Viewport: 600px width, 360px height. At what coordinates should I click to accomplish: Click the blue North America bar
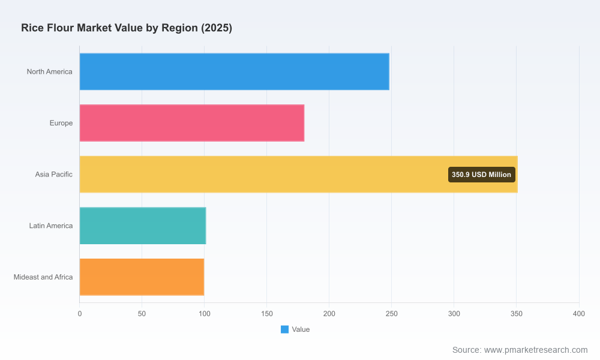coord(234,71)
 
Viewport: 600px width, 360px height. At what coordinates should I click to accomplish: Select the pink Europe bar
coord(192,123)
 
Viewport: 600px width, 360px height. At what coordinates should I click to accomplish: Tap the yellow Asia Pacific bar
coord(298,174)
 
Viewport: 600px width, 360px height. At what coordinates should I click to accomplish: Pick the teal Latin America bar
coord(143,226)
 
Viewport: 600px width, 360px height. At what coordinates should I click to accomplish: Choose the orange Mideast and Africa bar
coord(142,277)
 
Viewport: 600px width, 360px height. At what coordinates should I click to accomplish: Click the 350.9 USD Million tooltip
coord(481,175)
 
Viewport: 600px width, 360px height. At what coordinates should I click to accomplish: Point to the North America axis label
coord(49,71)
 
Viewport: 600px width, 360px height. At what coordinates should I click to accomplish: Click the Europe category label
coord(61,123)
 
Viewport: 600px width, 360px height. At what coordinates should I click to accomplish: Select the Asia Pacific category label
coord(53,174)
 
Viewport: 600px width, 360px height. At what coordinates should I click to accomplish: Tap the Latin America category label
coord(51,226)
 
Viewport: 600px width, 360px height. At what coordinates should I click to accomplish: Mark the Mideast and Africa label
coord(43,277)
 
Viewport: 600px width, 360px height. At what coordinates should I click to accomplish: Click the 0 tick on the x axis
coord(80,314)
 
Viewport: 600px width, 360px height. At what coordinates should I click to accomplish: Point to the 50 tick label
coord(142,314)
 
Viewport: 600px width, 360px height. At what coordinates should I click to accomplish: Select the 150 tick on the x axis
coord(267,314)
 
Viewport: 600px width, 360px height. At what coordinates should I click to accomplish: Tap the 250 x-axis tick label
coord(391,314)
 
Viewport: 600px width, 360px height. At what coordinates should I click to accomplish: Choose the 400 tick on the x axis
coord(579,314)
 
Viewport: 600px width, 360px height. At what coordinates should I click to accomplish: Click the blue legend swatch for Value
coord(284,329)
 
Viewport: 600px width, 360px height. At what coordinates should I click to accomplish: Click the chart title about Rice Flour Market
coord(127,28)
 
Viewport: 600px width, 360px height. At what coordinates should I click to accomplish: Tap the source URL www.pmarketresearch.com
coord(536,350)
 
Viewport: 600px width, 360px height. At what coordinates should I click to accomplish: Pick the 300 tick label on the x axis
coord(454,314)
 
